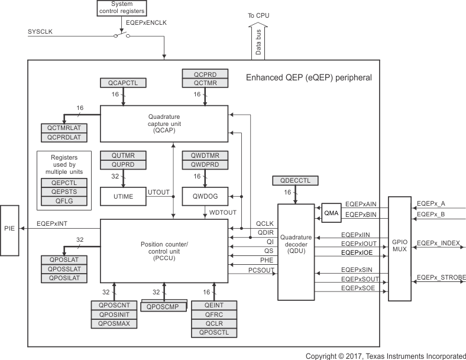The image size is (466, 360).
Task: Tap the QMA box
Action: (331, 213)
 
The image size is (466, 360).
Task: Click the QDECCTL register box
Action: (295, 180)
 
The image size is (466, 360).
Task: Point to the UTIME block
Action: (122, 196)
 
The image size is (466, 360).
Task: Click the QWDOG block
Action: (205, 196)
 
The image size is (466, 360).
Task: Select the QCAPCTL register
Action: (122, 83)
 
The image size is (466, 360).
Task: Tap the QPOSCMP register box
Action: (164, 306)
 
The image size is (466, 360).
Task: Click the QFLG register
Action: (63, 201)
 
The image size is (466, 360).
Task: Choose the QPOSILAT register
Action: (63, 278)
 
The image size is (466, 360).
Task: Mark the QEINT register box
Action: (214, 306)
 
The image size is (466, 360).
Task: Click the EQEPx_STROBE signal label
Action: (441, 277)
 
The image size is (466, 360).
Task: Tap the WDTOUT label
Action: (222, 212)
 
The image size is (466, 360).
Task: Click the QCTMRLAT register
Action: (63, 128)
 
